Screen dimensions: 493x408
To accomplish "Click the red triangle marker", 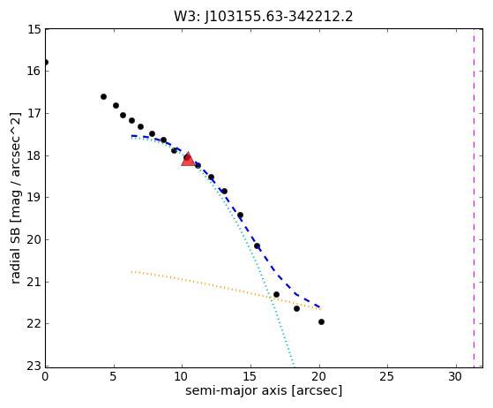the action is tap(188, 160).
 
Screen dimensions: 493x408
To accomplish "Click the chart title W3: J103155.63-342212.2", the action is tap(264, 17).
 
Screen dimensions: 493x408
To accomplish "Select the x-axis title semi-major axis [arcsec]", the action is tap(264, 390).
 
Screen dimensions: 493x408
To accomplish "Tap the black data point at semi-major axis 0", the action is tap(46, 63).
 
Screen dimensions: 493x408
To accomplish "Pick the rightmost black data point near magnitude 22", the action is tap(321, 321).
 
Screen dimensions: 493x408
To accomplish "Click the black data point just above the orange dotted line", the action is tap(276, 295).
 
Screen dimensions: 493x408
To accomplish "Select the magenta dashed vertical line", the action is tap(474, 199).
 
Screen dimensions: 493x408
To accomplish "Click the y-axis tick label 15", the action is tap(34, 29).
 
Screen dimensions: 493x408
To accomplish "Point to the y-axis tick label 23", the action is tap(34, 366).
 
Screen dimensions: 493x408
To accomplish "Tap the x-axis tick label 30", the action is tap(456, 376).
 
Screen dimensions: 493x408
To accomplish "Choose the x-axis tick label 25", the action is tap(387, 376).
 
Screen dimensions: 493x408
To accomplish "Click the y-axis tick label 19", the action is tap(34, 198).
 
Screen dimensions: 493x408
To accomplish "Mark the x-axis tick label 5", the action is tap(113, 376).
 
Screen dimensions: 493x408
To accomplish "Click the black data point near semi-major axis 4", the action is tap(103, 96).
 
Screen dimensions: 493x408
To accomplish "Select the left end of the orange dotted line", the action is tap(132, 271).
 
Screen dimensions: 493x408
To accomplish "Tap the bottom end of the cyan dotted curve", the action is tap(295, 366).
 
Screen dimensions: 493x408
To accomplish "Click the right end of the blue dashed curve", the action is tap(320, 307).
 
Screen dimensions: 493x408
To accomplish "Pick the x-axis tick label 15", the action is tap(250, 376).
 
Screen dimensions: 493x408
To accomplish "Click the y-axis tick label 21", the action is tap(34, 282).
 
